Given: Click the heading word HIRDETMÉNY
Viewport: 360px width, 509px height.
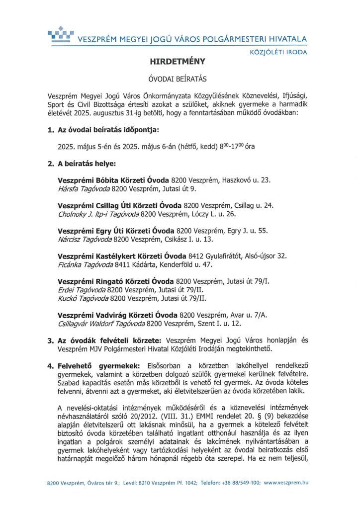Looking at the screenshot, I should point(177,62).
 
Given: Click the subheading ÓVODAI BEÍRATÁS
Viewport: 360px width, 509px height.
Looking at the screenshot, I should point(178,79).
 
